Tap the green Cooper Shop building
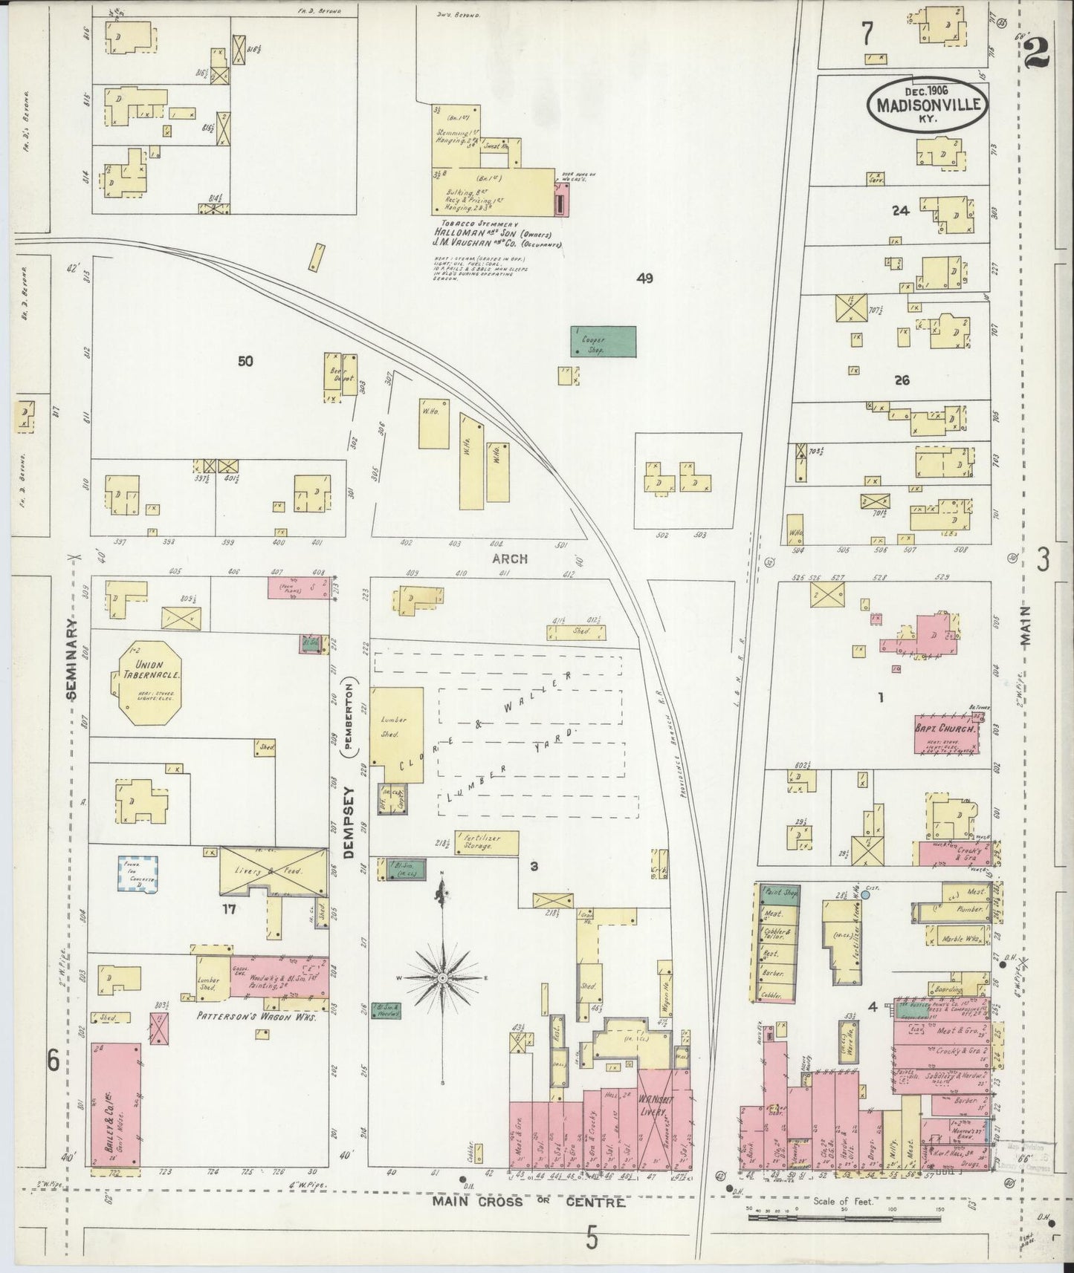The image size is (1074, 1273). [x=604, y=340]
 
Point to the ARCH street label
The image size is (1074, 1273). [x=510, y=559]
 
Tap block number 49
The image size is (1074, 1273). [x=644, y=279]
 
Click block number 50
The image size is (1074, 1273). [x=245, y=362]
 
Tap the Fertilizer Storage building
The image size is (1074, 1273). [x=485, y=841]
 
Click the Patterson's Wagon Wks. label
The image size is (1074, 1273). [x=258, y=1016]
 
